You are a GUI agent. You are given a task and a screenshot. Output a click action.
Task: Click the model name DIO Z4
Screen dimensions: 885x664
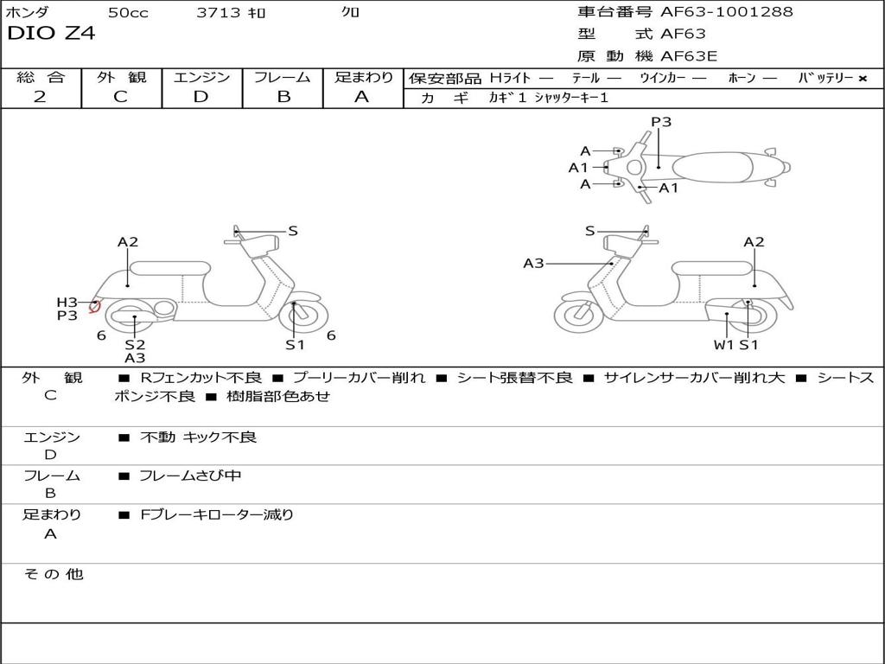[51, 34]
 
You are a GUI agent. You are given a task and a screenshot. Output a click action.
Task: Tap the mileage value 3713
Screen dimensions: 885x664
[218, 13]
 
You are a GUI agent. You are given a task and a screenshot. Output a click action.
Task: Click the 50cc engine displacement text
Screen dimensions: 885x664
[126, 13]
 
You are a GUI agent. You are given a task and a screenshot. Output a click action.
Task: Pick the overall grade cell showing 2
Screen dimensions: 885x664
[40, 97]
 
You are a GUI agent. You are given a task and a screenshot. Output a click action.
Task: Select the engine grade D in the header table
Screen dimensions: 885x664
[201, 97]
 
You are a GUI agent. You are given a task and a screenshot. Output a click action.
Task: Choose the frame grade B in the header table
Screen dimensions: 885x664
[283, 97]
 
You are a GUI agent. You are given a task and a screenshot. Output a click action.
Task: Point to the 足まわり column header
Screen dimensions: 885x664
[364, 78]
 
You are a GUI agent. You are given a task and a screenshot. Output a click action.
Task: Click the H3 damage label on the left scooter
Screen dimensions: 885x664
[67, 302]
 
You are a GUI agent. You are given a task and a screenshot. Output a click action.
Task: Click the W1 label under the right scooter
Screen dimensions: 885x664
[723, 345]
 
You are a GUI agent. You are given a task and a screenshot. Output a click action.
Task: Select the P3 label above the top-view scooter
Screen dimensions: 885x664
[661, 122]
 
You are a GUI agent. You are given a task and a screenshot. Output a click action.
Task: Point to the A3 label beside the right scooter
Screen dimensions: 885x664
[533, 263]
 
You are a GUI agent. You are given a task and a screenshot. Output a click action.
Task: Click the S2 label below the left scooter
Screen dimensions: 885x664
[134, 345]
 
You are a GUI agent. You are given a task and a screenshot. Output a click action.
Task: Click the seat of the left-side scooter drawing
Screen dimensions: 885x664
[169, 268]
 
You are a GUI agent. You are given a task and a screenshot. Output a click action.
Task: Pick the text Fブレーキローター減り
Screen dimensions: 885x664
[217, 514]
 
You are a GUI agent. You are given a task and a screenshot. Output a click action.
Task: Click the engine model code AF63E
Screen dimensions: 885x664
[689, 56]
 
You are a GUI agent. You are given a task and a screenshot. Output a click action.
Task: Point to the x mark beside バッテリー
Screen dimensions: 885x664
[862, 79]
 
